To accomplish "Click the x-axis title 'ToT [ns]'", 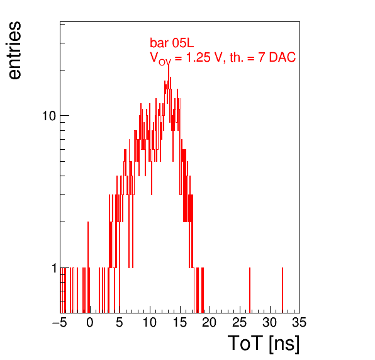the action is pyautogui.click(x=264, y=344).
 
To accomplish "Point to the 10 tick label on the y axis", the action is pyautogui.click(x=49, y=116).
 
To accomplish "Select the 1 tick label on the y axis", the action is pyautogui.click(x=54, y=268).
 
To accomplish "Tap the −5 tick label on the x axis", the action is pyautogui.click(x=59, y=322).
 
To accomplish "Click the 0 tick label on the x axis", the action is pyautogui.click(x=90, y=322).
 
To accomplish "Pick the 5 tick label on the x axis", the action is pyautogui.click(x=120, y=322).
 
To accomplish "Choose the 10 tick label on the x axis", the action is pyautogui.click(x=150, y=322).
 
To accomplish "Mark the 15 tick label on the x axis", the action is pyautogui.click(x=180, y=322).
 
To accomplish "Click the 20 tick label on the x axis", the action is pyautogui.click(x=210, y=322).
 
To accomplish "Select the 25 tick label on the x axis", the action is pyautogui.click(x=240, y=322).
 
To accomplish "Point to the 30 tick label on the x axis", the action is pyautogui.click(x=270, y=322).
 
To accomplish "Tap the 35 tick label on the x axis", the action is pyautogui.click(x=299, y=322).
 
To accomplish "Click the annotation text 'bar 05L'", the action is pyautogui.click(x=172, y=43).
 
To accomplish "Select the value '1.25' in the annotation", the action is pyautogui.click(x=194, y=57).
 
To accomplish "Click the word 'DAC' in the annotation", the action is pyautogui.click(x=283, y=57).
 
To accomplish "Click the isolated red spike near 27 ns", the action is pyautogui.click(x=250, y=290).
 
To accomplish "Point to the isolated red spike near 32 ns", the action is pyautogui.click(x=283, y=290).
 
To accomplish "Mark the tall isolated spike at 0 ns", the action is pyautogui.click(x=88, y=267).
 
